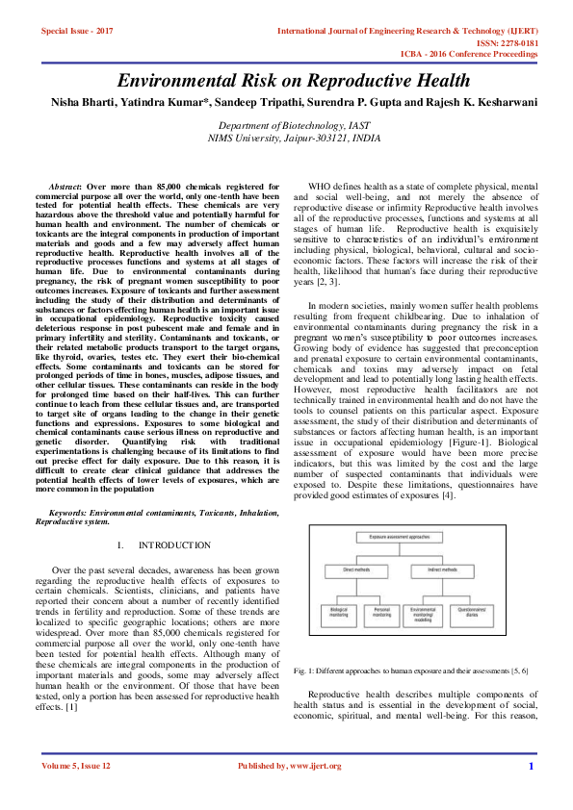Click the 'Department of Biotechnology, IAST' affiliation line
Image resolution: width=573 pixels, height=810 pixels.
point(286,126)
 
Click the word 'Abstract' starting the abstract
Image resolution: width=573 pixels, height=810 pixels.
point(65,185)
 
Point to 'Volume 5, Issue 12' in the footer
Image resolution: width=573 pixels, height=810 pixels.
point(77,766)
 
